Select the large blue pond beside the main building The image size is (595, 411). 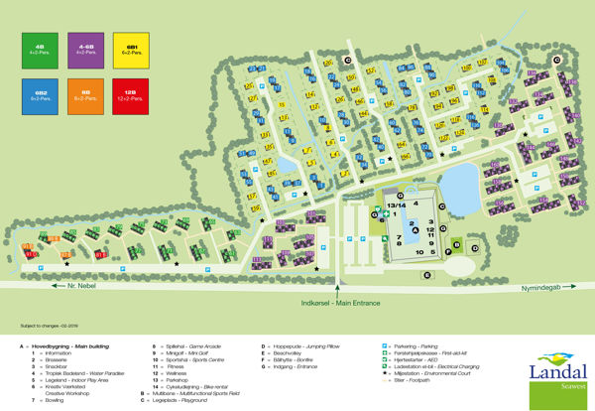(x=461, y=185)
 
